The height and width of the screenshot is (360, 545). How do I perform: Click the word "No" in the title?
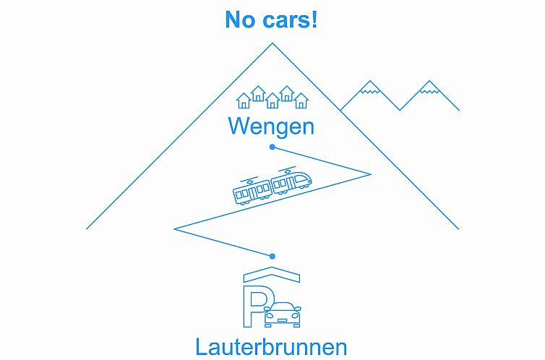coord(239,20)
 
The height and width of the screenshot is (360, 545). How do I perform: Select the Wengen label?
coord(271,127)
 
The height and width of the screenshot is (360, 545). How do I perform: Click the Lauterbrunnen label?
coord(271,346)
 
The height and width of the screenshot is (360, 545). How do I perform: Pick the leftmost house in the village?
coord(244,100)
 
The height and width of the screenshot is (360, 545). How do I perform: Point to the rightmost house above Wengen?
coord(301,100)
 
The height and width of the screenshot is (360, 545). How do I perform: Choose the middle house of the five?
coord(272,100)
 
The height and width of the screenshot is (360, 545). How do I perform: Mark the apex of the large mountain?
coord(272,44)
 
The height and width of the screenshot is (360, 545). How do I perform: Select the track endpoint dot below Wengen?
coord(272,147)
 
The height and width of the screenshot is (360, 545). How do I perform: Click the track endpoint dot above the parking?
coord(272,256)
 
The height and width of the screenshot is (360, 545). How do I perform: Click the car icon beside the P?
coord(283,314)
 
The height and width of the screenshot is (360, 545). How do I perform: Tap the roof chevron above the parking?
coord(272,274)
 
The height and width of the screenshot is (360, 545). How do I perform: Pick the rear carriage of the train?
coord(252,191)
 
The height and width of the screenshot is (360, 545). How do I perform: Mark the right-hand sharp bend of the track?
coord(370,173)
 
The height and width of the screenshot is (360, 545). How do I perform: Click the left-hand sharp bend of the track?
coord(175,228)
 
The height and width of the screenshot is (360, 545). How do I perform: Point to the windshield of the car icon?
coord(283,307)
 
